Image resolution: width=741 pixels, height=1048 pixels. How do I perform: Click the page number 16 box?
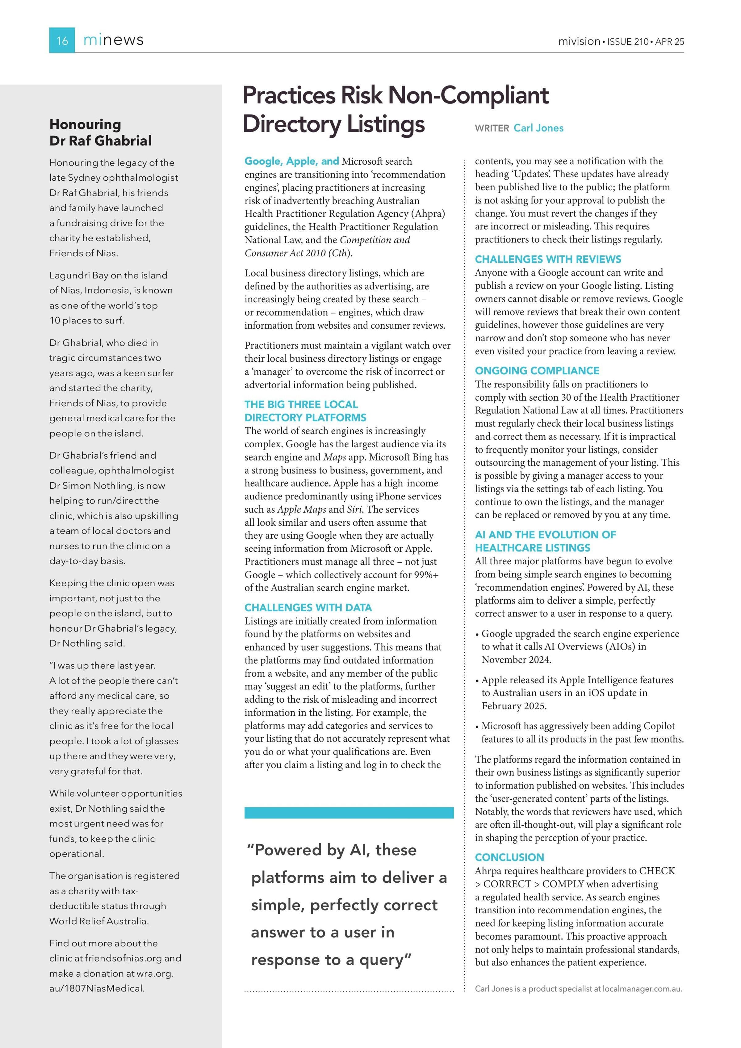(62, 40)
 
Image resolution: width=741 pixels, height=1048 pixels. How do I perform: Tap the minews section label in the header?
(113, 40)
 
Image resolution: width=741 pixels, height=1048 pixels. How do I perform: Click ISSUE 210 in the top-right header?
(628, 41)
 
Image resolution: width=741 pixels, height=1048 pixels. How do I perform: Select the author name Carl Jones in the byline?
(538, 128)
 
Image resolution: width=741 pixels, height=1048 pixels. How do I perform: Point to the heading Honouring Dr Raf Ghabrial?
(100, 133)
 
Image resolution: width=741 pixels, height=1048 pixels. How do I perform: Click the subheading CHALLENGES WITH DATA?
(308, 608)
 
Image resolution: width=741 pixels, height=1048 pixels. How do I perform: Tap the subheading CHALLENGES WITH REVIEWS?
(547, 259)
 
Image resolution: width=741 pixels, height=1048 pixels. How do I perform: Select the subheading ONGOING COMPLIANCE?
(537, 371)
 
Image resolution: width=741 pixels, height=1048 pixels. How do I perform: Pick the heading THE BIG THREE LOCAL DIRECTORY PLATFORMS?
(305, 411)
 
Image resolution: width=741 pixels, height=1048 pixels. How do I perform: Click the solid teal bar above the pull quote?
(349, 812)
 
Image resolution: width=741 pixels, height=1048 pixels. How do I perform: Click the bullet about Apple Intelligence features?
(577, 693)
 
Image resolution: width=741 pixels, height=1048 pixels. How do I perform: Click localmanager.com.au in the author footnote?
(642, 989)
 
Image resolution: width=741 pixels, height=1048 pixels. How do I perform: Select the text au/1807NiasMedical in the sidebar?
(97, 988)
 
